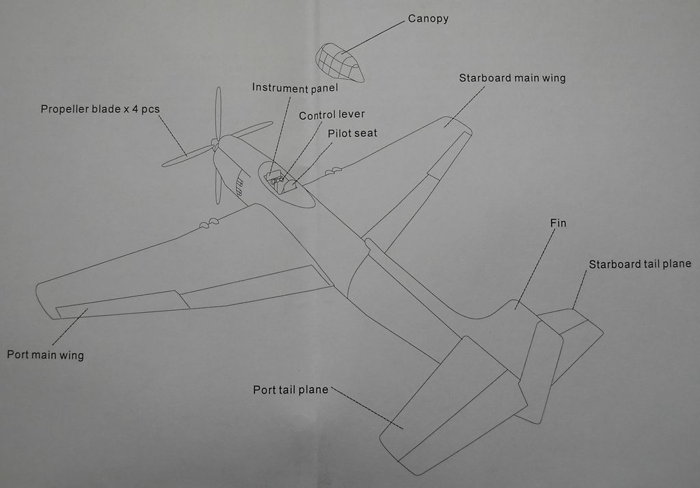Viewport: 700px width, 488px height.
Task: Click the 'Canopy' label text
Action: [428, 19]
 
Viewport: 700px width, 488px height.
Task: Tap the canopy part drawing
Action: [339, 62]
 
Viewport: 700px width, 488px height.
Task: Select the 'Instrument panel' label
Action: [295, 88]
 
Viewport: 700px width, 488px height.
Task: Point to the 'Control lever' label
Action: [332, 115]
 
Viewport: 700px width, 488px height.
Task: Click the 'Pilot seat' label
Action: [352, 133]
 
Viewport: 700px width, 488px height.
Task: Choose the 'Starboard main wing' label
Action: [512, 78]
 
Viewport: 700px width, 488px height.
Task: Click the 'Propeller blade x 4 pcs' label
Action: [100, 109]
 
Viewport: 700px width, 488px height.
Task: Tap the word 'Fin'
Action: [558, 223]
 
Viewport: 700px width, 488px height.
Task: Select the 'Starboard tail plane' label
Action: [640, 264]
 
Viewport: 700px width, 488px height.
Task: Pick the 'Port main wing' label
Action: [45, 355]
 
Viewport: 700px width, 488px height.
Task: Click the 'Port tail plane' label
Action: [291, 390]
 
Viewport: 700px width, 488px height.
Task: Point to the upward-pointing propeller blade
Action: [218, 113]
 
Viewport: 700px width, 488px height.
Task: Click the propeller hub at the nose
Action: [215, 144]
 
